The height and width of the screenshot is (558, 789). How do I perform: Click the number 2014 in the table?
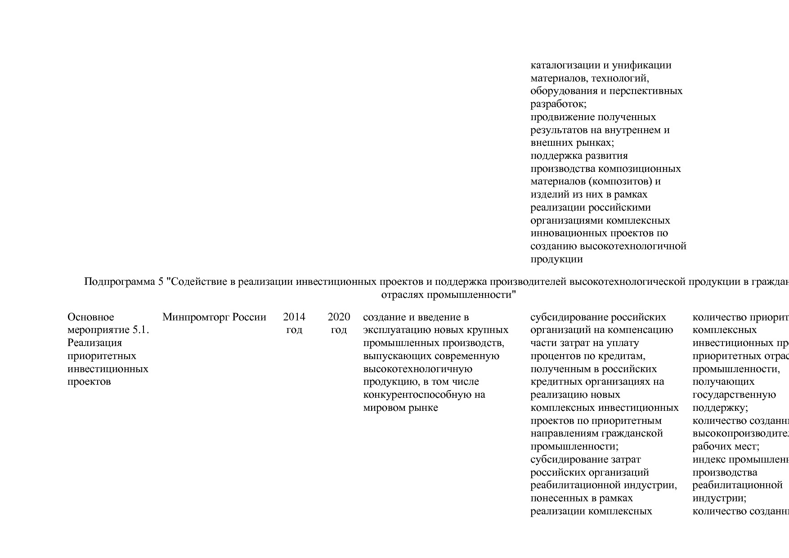point(294,317)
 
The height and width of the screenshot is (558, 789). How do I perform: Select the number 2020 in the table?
point(339,317)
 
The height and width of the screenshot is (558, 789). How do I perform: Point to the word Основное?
point(91,317)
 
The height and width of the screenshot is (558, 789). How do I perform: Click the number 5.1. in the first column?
point(140,330)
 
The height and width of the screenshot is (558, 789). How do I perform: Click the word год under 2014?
point(294,330)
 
